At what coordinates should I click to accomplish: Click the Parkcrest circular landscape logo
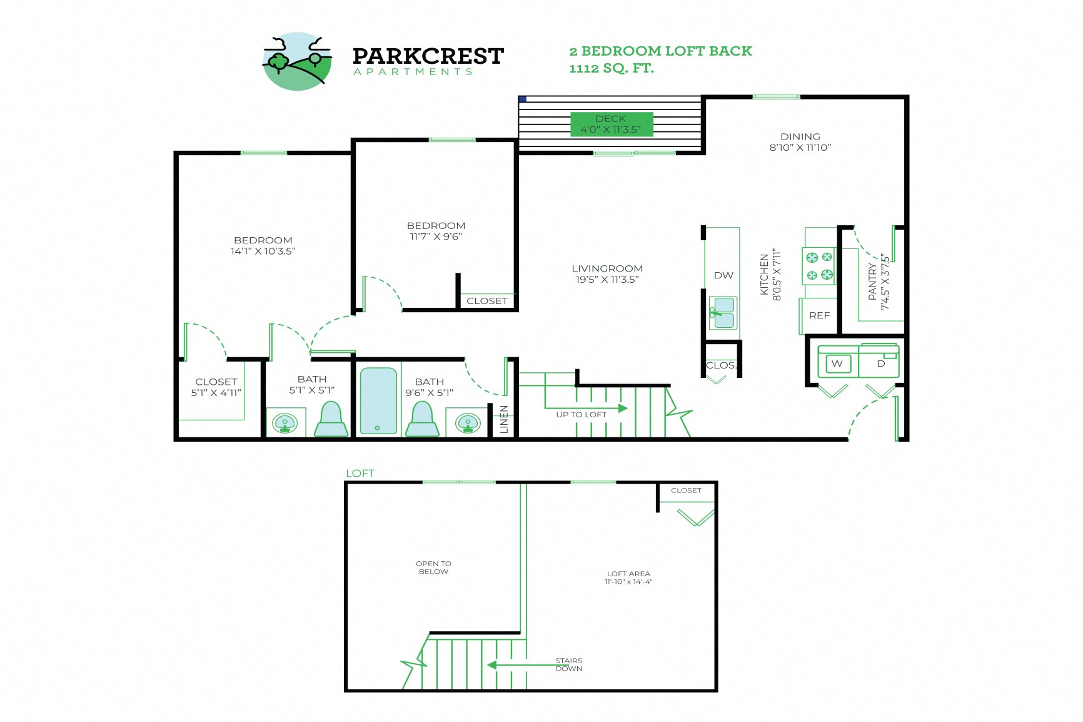[x=297, y=61]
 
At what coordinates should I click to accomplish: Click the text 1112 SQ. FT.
[x=611, y=68]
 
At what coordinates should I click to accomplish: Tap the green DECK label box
[x=611, y=124]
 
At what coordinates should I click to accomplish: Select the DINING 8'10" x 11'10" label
[x=800, y=142]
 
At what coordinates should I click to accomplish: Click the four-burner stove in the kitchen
[x=819, y=266]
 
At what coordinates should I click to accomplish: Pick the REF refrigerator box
[x=819, y=315]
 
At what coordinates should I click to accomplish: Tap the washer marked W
[x=837, y=364]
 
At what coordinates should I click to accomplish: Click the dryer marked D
[x=880, y=364]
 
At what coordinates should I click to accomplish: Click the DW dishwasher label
[x=723, y=275]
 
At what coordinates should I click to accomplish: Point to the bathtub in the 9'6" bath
[x=378, y=400]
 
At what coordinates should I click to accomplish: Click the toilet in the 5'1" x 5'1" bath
[x=331, y=419]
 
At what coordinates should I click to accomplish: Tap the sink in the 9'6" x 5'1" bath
[x=468, y=423]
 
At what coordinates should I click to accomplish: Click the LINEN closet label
[x=504, y=419]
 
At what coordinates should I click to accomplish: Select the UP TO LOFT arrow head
[x=622, y=408]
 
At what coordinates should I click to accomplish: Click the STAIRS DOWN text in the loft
[x=568, y=664]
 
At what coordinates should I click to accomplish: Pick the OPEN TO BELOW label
[x=433, y=567]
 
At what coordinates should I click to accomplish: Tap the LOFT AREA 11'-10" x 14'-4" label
[x=628, y=577]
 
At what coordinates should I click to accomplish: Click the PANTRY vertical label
[x=878, y=282]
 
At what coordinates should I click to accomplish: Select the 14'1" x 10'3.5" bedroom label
[x=263, y=246]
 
